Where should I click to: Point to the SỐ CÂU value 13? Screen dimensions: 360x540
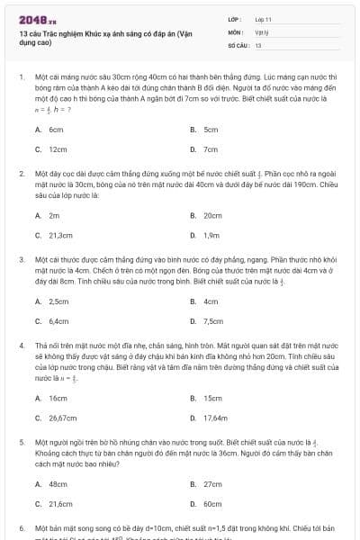coord(258,44)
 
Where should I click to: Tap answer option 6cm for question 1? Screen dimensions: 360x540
coord(56,130)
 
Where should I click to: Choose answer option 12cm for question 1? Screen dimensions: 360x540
coord(58,149)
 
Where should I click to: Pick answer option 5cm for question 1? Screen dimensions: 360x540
coord(211,130)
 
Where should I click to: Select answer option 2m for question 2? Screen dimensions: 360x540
coord(54,216)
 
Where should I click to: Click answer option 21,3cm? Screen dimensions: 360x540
coord(60,236)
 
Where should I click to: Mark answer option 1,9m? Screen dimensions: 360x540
coord(212,236)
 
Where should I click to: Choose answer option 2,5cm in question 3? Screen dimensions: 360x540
coord(58,301)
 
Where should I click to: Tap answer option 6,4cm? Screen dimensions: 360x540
coord(58,321)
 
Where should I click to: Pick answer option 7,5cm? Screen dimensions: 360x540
coord(213,321)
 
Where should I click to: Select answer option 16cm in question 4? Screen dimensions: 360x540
coord(58,398)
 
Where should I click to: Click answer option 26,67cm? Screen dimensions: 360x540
coord(62,418)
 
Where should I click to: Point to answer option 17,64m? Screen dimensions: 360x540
coord(216,418)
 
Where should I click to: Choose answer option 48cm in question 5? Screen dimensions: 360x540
coord(58,484)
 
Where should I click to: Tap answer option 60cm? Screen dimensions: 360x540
coord(212,504)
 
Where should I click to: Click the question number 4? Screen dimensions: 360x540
coord(22,346)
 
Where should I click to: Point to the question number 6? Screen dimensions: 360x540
coord(22,527)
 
